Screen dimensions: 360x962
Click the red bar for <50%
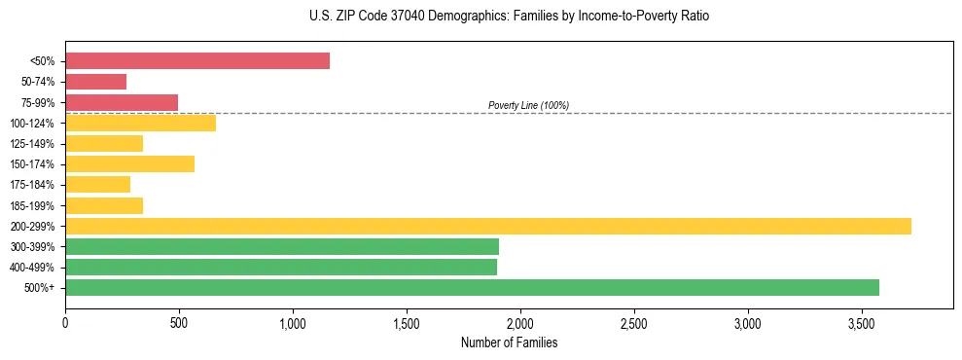click(197, 61)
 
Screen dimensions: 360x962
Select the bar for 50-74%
click(95, 82)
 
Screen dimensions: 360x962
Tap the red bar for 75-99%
click(122, 102)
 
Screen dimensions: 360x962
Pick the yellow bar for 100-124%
click(140, 123)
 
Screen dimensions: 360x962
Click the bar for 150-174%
click(129, 163)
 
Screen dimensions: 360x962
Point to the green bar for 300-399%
click(282, 246)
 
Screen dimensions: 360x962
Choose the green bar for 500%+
click(472, 287)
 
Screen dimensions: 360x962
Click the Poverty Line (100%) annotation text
click(528, 105)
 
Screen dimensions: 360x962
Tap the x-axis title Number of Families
click(509, 342)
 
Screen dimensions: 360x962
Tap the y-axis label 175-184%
click(36, 185)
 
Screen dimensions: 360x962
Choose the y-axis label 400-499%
click(36, 268)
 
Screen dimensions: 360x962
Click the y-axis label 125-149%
click(36, 144)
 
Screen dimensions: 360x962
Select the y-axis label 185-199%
click(36, 206)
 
